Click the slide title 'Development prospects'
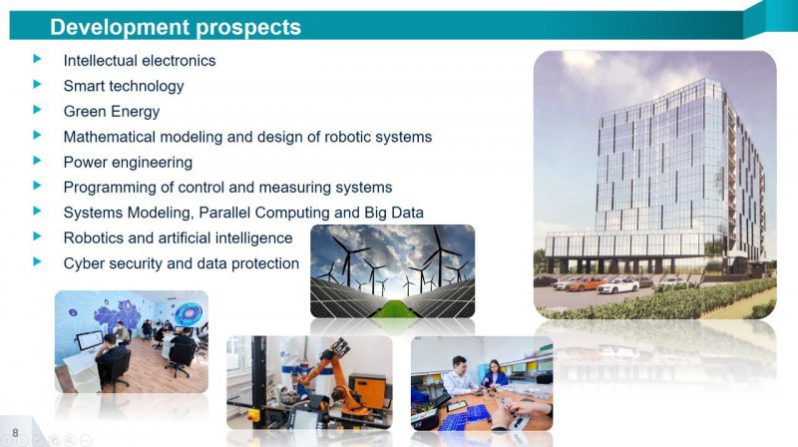(x=176, y=27)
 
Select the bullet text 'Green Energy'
(x=112, y=112)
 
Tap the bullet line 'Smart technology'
(x=124, y=86)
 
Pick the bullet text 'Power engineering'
(x=128, y=163)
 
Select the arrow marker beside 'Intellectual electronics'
(x=37, y=59)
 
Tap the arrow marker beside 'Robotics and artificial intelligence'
(x=37, y=236)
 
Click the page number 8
(x=15, y=433)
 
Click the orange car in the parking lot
(x=587, y=283)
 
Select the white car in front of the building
(x=617, y=286)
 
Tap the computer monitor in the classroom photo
(x=89, y=340)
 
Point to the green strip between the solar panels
(x=392, y=309)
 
